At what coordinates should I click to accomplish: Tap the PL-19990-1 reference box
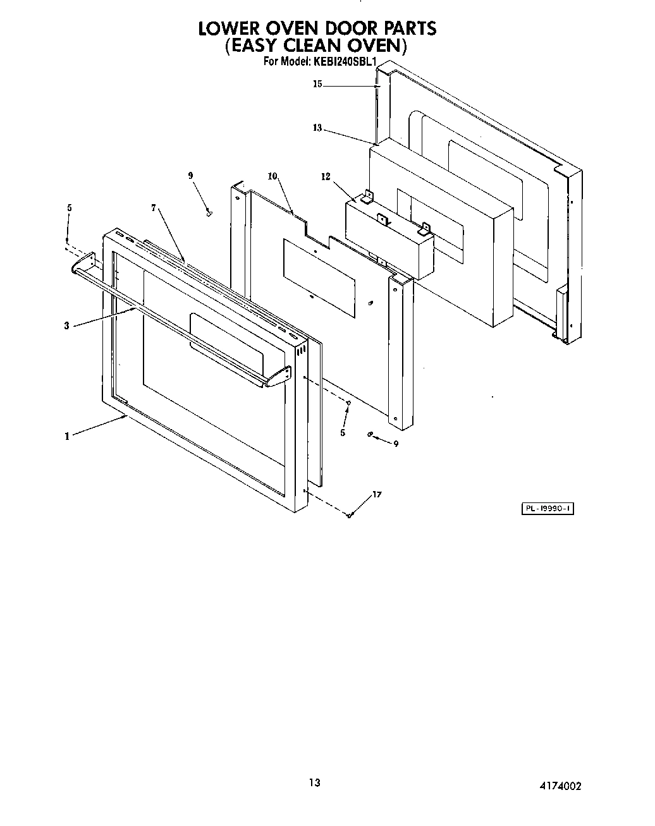point(547,509)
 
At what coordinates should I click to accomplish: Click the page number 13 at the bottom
point(314,783)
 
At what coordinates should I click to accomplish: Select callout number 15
point(317,84)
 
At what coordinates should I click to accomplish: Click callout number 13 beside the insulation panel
point(317,128)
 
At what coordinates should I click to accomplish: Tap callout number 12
point(326,177)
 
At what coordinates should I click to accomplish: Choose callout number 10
point(272,176)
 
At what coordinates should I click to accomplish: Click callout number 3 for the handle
point(66,325)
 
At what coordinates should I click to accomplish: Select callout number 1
point(66,435)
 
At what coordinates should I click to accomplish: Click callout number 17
point(377,494)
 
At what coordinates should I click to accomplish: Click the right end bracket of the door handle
point(278,377)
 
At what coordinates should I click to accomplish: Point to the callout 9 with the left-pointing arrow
point(396,444)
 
